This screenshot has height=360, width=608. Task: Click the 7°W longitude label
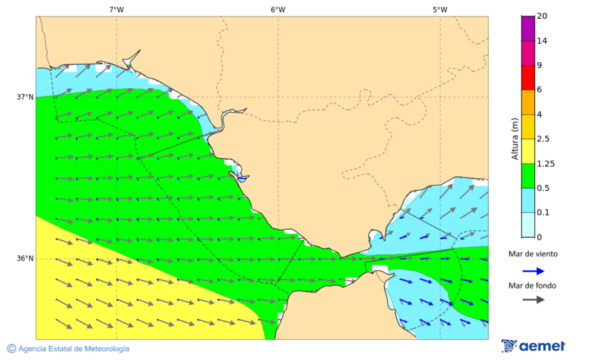pyautogui.click(x=116, y=9)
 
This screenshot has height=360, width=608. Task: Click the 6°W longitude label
pyautogui.click(x=278, y=9)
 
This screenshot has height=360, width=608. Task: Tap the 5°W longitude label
pyautogui.click(x=440, y=9)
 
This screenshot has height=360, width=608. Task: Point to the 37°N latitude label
pyautogui.click(x=25, y=97)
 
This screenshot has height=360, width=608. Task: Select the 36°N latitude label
pyautogui.click(x=25, y=259)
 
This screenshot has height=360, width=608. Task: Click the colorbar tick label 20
pyautogui.click(x=541, y=16)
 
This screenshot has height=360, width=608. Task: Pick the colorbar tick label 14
pyautogui.click(x=541, y=41)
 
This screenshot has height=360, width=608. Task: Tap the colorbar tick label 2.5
pyautogui.click(x=542, y=139)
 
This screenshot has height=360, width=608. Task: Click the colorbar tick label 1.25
pyautogui.click(x=544, y=163)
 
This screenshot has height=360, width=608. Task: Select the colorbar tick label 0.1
pyautogui.click(x=542, y=212)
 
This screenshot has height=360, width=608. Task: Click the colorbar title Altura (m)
pyautogui.click(x=515, y=139)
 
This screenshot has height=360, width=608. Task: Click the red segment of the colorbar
pyautogui.click(x=528, y=77)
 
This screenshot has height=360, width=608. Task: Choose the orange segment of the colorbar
pyautogui.click(x=528, y=101)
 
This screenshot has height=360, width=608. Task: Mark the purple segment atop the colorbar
pyautogui.click(x=528, y=28)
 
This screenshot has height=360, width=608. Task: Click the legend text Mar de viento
pyautogui.click(x=533, y=254)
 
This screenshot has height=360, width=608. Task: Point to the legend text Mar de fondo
pyautogui.click(x=533, y=285)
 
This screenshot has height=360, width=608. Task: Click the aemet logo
pyautogui.click(x=533, y=346)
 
